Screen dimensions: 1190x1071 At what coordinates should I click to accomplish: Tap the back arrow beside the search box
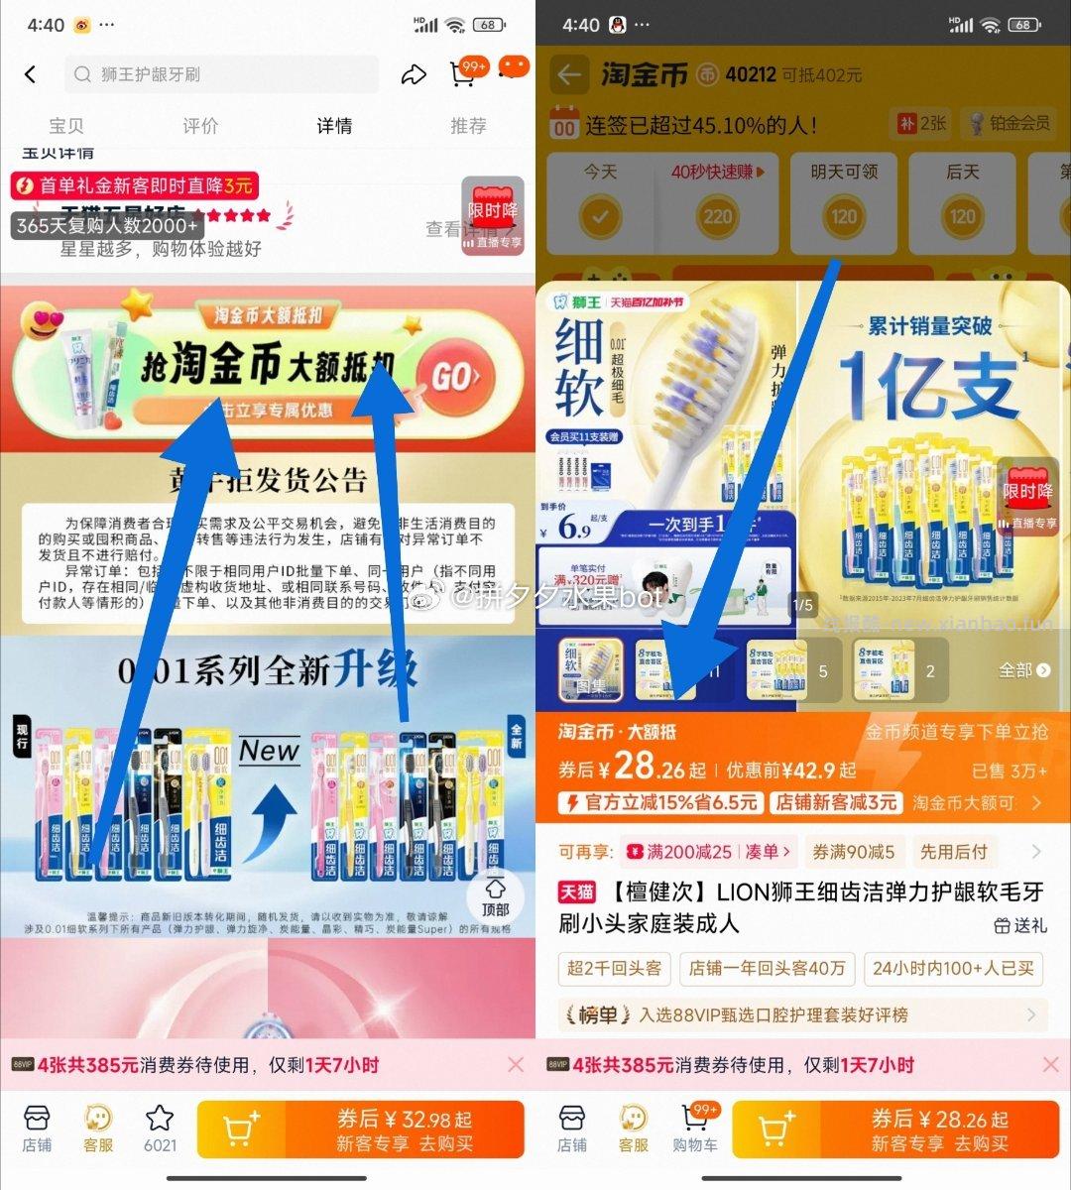(31, 74)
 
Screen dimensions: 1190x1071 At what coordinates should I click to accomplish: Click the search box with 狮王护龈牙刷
(222, 74)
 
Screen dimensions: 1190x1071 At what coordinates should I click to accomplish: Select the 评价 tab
(200, 126)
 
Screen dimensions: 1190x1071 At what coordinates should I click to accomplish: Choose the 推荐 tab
(468, 126)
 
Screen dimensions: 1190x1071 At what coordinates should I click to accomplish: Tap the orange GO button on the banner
(455, 376)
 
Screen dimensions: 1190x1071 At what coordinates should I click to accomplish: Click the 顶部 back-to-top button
(495, 895)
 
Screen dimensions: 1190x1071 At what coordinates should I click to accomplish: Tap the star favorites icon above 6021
(160, 1119)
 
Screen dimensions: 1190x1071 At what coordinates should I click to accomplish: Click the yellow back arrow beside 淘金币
(568, 75)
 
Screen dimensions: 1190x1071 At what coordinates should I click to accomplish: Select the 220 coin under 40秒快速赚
(718, 216)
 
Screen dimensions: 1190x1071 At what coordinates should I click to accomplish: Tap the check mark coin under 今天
(599, 216)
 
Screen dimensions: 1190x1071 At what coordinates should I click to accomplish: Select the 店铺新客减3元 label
(837, 802)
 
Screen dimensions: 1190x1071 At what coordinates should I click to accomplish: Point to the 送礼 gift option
(1020, 924)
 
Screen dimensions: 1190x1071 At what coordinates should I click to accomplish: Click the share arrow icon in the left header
(413, 74)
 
